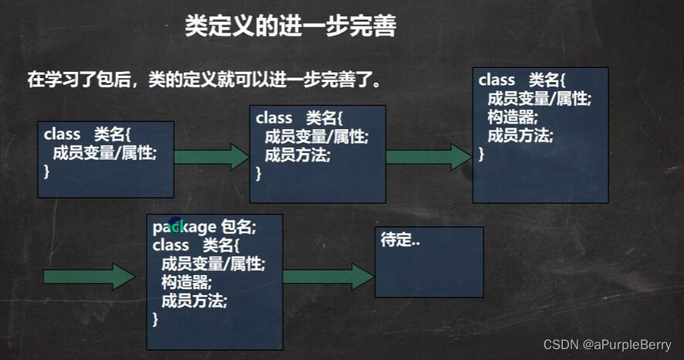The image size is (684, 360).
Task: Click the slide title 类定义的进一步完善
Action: tap(290, 26)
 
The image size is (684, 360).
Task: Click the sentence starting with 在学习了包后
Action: tap(205, 80)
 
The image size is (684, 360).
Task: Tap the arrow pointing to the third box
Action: tap(428, 157)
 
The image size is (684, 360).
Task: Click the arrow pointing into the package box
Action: tap(90, 276)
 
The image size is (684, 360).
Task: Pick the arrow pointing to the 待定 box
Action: tap(328, 276)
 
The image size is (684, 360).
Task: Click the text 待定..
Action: tap(400, 241)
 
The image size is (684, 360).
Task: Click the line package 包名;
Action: tap(204, 226)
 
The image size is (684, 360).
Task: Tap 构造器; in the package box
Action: tap(186, 283)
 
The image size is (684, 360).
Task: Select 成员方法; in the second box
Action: tap(297, 155)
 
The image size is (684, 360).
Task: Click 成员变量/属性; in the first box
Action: tap(104, 152)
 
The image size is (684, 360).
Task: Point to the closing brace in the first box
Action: tap(47, 171)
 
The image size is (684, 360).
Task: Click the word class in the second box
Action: tap(273, 118)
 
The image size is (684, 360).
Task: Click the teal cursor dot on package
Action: tap(176, 225)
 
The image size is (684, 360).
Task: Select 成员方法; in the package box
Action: tap(194, 301)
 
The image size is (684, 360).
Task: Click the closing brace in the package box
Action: tap(156, 319)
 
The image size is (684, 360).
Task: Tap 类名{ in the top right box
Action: tap(547, 80)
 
